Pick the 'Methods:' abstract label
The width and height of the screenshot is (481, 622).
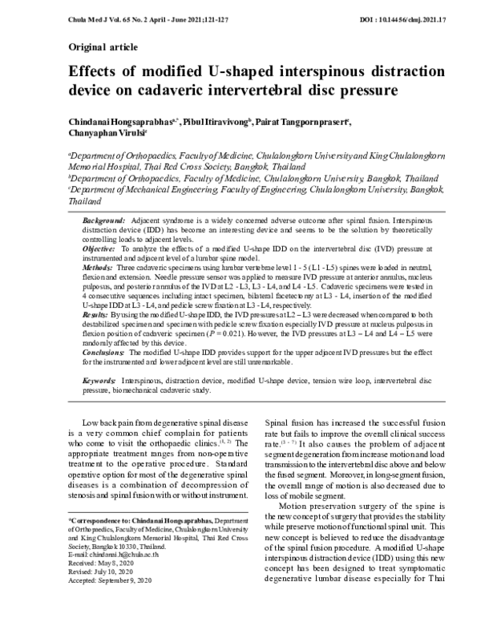100,273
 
